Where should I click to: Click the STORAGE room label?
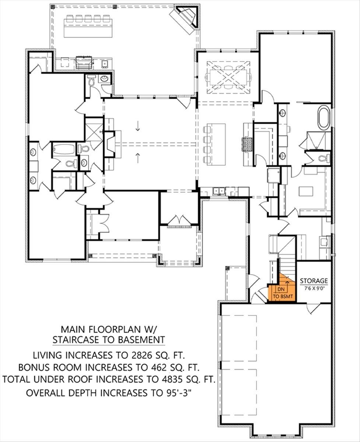coord(314,281)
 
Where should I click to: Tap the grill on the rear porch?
coord(85,62)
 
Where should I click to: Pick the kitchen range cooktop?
coord(247,144)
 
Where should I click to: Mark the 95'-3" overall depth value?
coord(178,393)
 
